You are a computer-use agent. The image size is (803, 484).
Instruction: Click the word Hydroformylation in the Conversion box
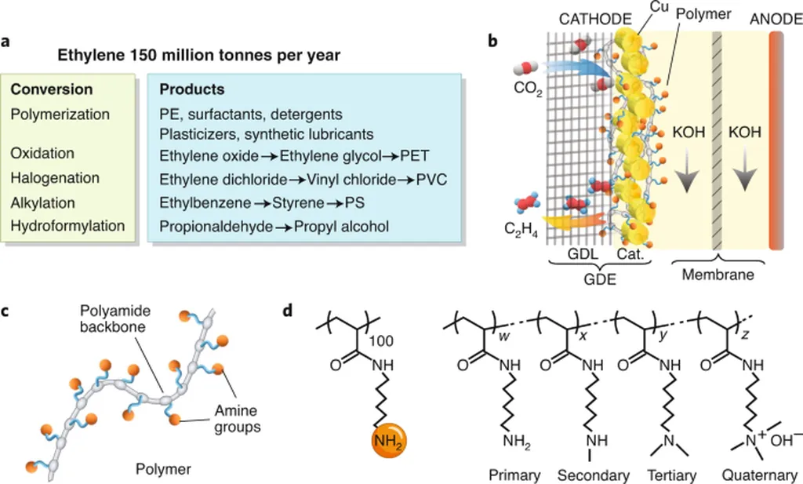pos(67,226)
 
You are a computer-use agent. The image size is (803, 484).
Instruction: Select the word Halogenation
pos(55,178)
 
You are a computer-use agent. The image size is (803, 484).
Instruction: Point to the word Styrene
pos(298,203)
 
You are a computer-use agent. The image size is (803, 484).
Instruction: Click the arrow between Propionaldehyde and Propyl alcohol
pos(283,227)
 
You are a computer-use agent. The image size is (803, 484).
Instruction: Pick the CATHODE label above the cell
pos(595,19)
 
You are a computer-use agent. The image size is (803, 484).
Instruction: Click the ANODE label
pos(776,19)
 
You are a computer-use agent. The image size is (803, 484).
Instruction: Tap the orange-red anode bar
pos(776,140)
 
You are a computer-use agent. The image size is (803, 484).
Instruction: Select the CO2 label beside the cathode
pos(528,89)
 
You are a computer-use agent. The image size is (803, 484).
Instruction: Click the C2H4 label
pos(521,230)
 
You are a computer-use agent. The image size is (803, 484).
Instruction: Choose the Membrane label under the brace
pos(718,275)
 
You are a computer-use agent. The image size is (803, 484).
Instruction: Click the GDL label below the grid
pos(583,253)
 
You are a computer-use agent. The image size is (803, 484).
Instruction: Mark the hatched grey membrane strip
pos(717,140)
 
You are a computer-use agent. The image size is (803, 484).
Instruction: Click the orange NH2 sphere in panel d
pos(389,441)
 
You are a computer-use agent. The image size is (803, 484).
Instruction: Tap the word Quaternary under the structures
pos(759,475)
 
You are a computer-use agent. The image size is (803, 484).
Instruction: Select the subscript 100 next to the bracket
pos(381,341)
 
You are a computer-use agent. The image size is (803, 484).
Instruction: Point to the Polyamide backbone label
pos(114,318)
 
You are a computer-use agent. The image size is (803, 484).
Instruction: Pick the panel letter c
pos(5,311)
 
